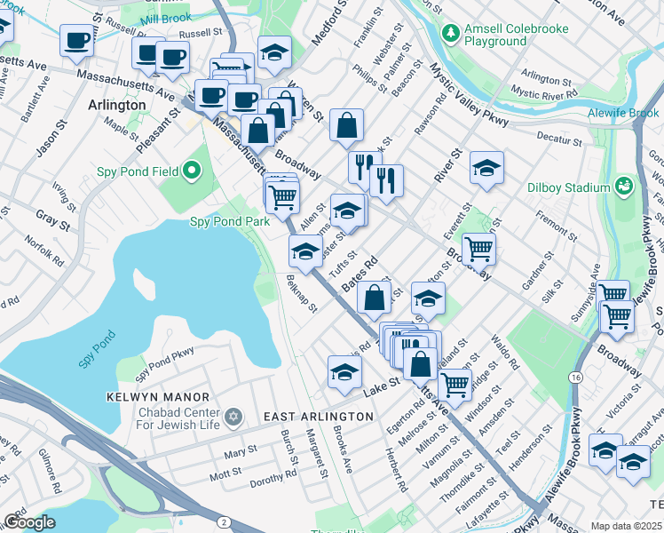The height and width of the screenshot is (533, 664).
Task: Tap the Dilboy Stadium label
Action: click(574, 187)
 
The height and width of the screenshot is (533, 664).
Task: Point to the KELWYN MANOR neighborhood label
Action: click(158, 397)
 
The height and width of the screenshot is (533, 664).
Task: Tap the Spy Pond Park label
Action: click(229, 221)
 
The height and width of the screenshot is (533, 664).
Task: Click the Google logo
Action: click(29, 522)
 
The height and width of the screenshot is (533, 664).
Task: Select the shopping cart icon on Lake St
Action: click(455, 385)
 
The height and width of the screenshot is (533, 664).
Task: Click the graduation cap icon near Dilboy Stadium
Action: click(486, 168)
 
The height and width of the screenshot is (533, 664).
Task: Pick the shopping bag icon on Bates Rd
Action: click(375, 297)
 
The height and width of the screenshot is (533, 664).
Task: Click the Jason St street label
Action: click(45, 142)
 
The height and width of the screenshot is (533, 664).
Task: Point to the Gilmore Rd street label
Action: click(48, 470)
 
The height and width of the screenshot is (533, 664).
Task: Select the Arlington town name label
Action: click(117, 105)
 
